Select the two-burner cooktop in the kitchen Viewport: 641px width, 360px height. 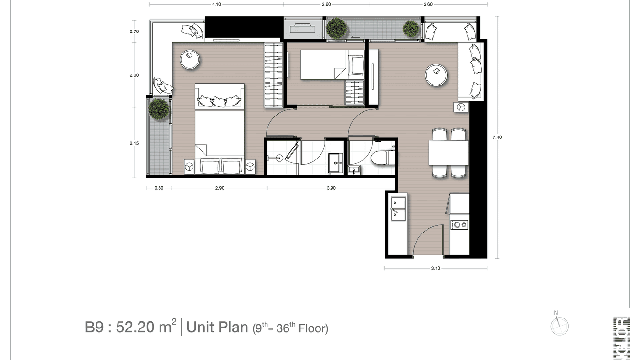(459, 224)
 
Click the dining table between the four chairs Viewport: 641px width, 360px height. (449, 153)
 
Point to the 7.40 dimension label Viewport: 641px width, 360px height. (497, 138)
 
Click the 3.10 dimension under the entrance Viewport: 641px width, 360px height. (435, 268)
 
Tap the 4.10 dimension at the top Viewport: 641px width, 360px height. (216, 4)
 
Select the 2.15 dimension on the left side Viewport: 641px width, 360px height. (134, 143)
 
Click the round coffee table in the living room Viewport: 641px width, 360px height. (436, 75)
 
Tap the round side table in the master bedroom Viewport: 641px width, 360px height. (190, 60)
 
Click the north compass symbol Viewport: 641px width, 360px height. (559, 326)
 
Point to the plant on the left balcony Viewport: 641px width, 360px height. (159, 109)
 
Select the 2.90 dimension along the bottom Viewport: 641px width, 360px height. (219, 188)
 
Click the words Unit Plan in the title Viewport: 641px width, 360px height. (217, 328)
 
